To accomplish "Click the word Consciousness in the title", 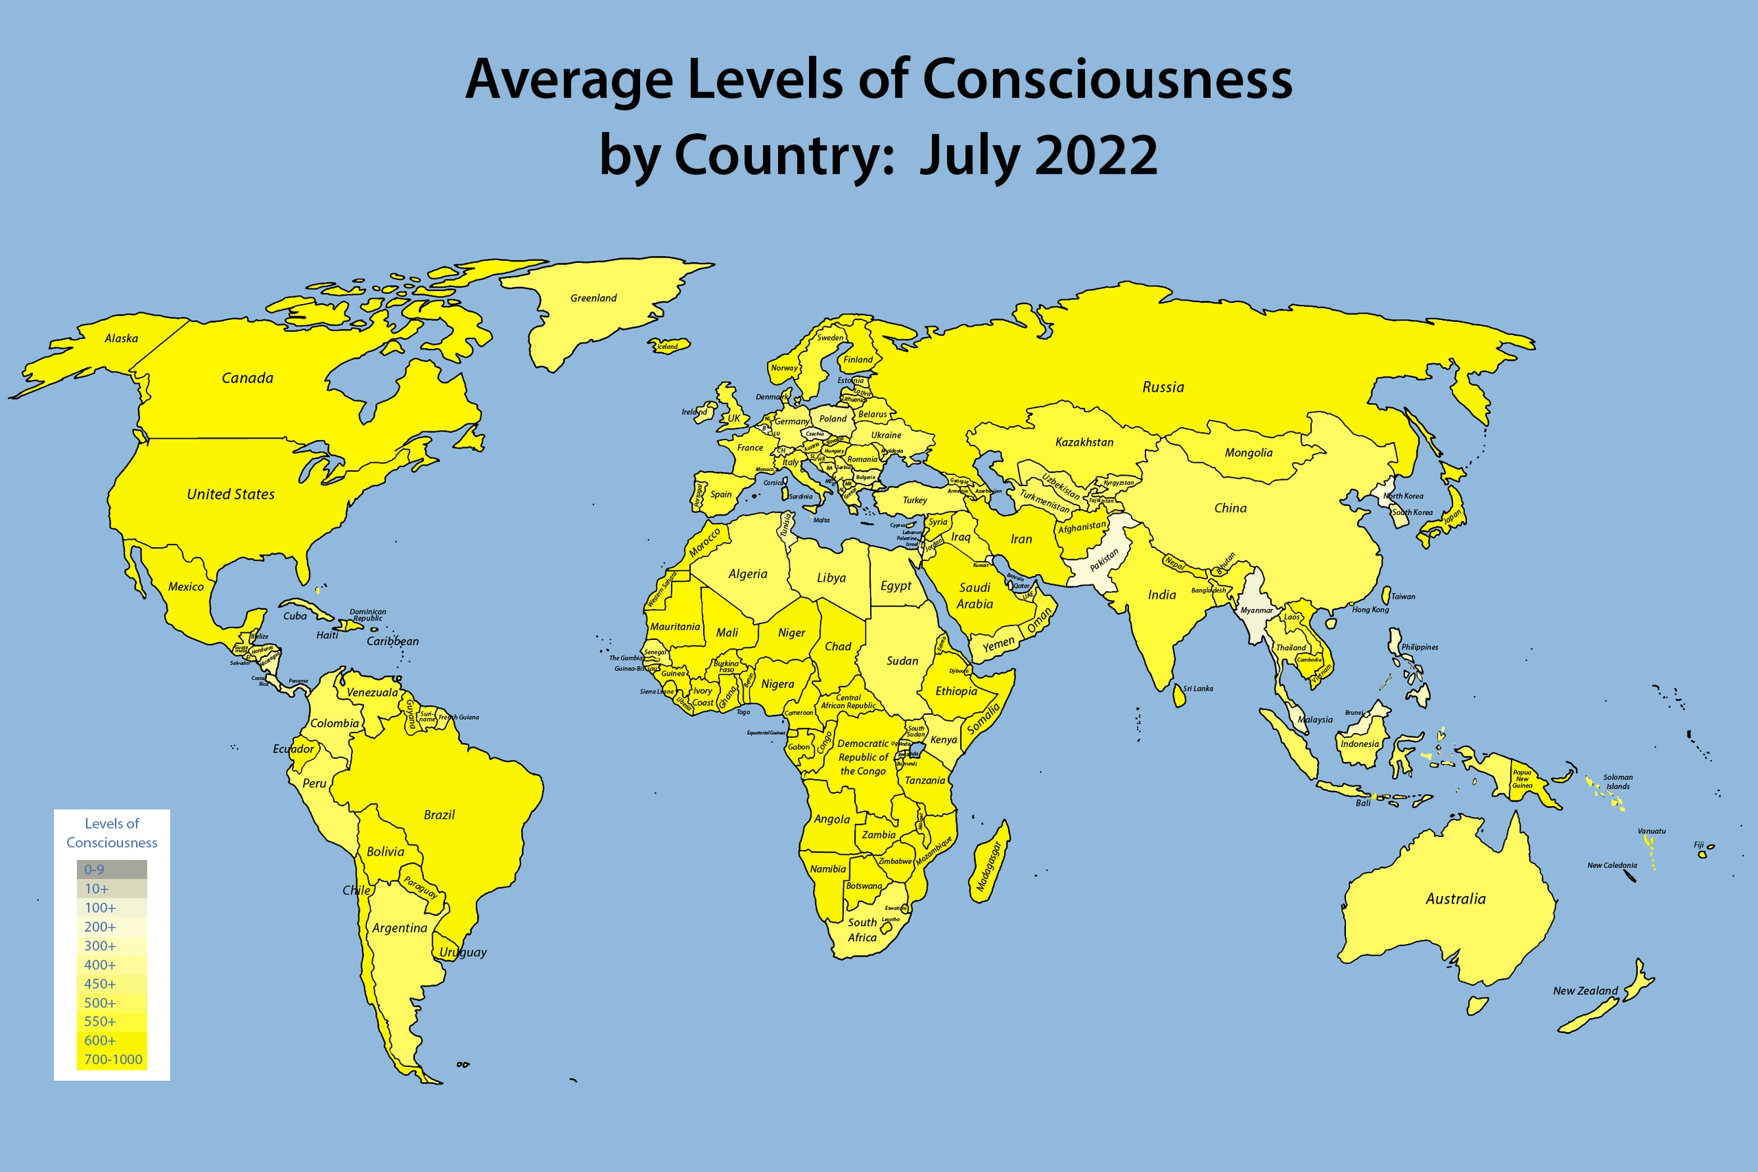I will (x=1107, y=79).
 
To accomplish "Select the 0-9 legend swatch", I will (x=111, y=869).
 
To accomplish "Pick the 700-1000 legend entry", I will (x=112, y=1059).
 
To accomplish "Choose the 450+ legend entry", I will (x=111, y=984).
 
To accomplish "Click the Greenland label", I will (x=593, y=298).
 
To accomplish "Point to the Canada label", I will (x=247, y=378).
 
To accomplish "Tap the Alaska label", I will (x=121, y=338).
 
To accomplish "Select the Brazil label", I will (x=439, y=815).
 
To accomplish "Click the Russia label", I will (x=1163, y=387).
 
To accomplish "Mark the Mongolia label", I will (x=1248, y=453).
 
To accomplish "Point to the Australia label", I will (x=1455, y=899).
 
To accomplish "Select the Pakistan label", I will (x=1104, y=560).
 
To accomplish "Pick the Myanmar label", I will (x=1257, y=610).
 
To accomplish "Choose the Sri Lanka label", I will (x=1198, y=689).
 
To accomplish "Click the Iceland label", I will (x=667, y=347).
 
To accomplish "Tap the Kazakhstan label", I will (x=1084, y=442).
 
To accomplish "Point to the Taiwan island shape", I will (x=1386, y=596).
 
